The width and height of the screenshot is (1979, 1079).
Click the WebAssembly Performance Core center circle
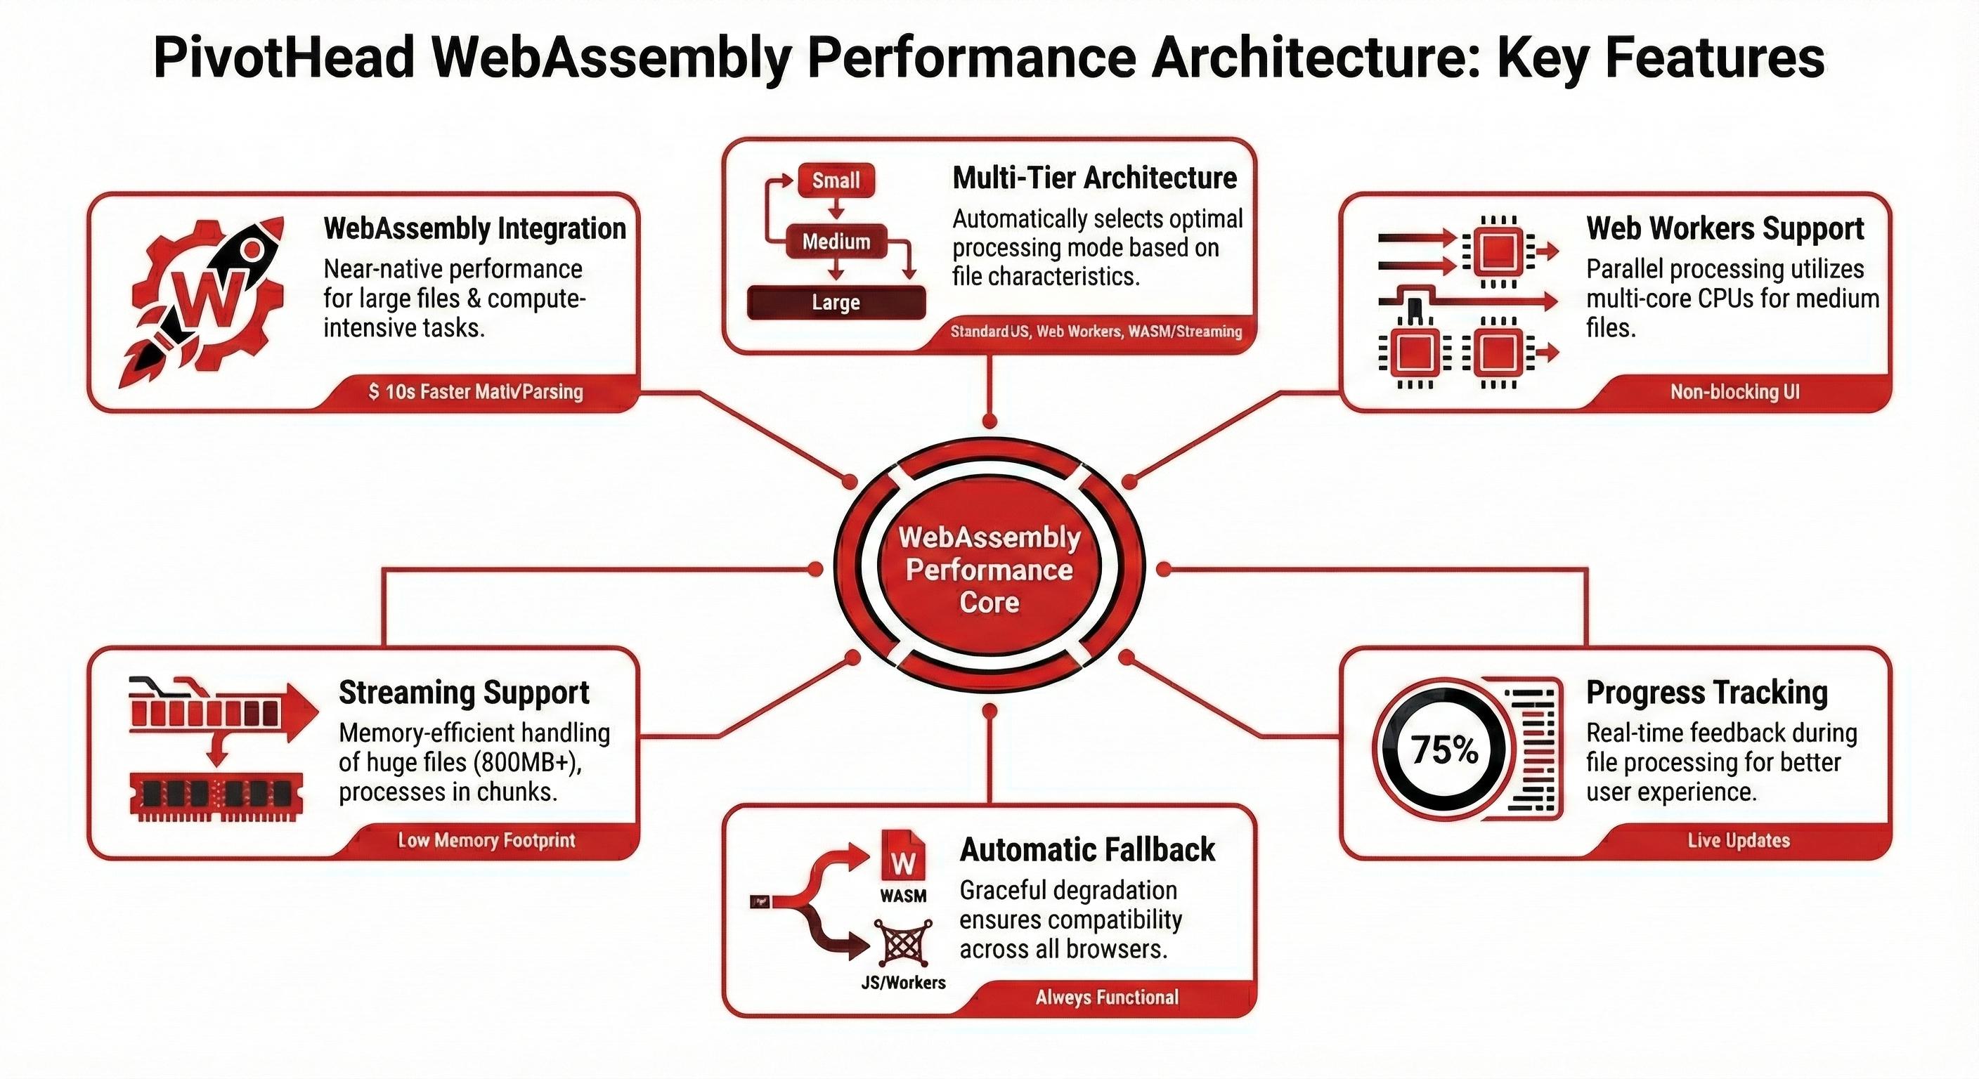pos(989,569)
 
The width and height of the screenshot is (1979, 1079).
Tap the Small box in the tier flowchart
pos(836,181)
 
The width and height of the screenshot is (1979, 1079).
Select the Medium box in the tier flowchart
pos(836,241)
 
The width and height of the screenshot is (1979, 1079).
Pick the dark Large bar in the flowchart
pos(836,303)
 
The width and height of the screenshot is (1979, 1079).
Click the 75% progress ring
pos(1444,750)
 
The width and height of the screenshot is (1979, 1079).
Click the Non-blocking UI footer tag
pos(1734,392)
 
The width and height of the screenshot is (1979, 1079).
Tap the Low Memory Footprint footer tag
pos(486,839)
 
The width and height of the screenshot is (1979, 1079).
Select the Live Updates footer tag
pos(1738,839)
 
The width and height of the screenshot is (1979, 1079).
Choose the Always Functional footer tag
pos(1106,997)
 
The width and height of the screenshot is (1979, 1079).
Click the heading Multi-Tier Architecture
pos(1094,178)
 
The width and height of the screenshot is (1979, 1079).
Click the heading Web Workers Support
pos(1725,228)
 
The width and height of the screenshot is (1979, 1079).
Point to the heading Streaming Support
pos(463,692)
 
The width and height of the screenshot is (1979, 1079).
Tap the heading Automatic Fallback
pos(1087,849)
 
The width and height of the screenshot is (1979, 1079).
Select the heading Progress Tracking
pos(1706,692)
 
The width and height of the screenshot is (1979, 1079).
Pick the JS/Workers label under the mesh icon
pos(902,982)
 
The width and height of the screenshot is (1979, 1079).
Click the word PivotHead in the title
pos(284,58)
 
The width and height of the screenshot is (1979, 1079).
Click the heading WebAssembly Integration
pos(474,228)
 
